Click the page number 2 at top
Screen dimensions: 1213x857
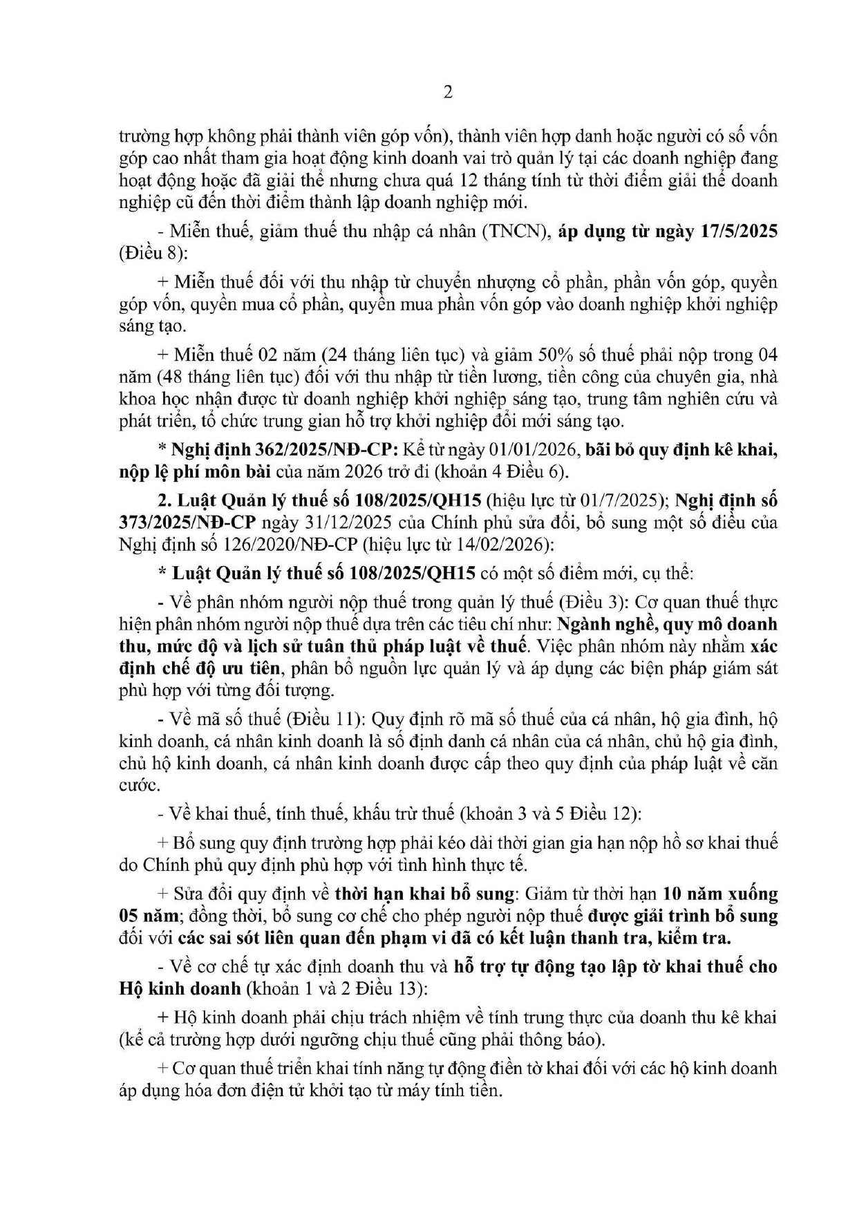coord(448,93)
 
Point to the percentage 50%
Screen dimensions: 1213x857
coord(552,355)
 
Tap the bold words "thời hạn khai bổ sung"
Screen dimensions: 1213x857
coord(424,894)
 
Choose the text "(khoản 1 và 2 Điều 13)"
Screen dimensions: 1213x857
coord(337,988)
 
